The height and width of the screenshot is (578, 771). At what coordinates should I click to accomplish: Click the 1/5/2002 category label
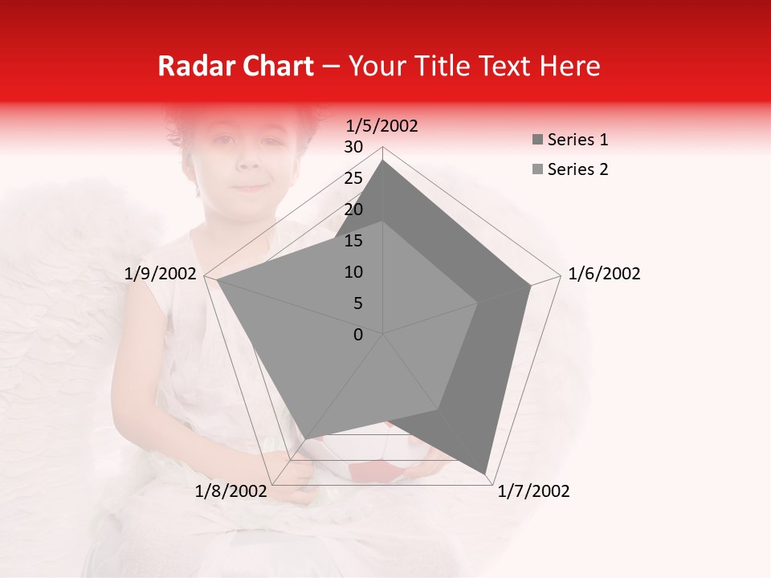382,125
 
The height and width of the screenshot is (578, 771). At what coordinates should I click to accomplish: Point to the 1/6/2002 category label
604,274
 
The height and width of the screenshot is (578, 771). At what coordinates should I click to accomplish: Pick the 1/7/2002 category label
533,491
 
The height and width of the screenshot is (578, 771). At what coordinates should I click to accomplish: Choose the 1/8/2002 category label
231,491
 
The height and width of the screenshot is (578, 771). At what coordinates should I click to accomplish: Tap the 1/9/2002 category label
161,274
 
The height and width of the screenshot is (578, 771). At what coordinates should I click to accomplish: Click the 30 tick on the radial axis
353,147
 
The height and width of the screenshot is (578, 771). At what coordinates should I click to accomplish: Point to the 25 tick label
353,178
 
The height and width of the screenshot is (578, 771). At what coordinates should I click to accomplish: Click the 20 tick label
353,210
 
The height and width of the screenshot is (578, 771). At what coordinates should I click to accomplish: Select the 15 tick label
353,241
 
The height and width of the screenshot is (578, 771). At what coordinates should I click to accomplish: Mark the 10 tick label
353,272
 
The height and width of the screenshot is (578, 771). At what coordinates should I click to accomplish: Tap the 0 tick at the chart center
358,335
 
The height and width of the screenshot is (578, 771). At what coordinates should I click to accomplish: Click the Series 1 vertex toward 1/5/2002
383,161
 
